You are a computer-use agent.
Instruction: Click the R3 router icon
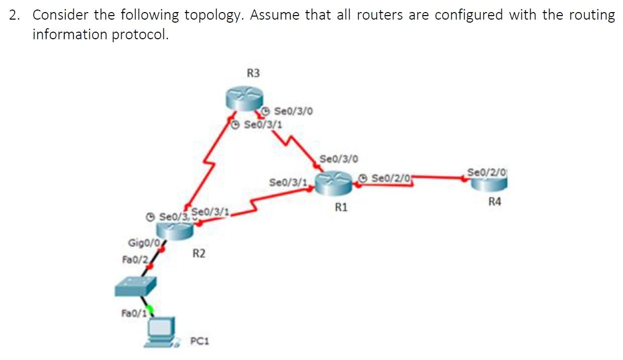coord(244,100)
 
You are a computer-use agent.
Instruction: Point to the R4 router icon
coord(489,183)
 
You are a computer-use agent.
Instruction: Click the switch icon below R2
coord(135,286)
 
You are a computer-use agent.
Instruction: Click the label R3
coord(254,73)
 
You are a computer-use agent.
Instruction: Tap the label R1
coord(341,207)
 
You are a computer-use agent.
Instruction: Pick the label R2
coord(199,253)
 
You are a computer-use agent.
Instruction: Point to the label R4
coord(495,202)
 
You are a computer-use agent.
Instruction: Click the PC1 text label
coord(200,341)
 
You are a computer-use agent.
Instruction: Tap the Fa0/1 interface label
coord(134,313)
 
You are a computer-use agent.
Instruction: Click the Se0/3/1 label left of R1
coord(288,182)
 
